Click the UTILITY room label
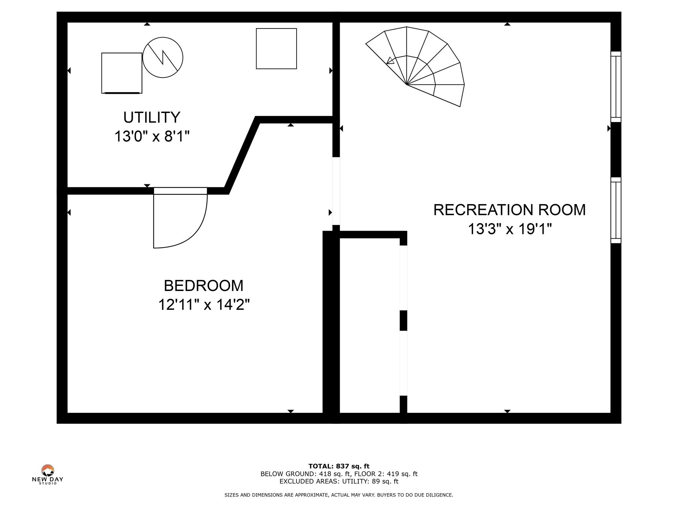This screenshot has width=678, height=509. pyautogui.click(x=152, y=117)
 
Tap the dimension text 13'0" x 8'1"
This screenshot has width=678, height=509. pyautogui.click(x=152, y=136)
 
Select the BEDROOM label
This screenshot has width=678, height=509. pyautogui.click(x=204, y=286)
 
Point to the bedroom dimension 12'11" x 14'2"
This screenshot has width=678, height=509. pyautogui.click(x=204, y=305)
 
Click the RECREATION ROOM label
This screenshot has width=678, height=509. pyautogui.click(x=509, y=210)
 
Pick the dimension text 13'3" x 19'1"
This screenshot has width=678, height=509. pyautogui.click(x=509, y=229)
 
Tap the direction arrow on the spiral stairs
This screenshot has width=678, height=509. pyautogui.click(x=391, y=61)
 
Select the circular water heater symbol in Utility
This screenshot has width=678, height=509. pyautogui.click(x=163, y=57)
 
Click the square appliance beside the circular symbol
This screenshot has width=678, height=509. pyautogui.click(x=122, y=73)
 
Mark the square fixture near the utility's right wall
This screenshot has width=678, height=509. pyautogui.click(x=276, y=49)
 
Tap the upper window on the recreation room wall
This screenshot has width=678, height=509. pyautogui.click(x=616, y=87)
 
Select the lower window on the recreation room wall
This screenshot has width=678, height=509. pyautogui.click(x=616, y=210)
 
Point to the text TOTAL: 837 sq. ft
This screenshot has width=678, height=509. pyautogui.click(x=339, y=466)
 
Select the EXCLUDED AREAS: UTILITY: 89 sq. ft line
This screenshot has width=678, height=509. pyautogui.click(x=339, y=481)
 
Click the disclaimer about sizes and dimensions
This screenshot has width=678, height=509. pyautogui.click(x=339, y=495)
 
